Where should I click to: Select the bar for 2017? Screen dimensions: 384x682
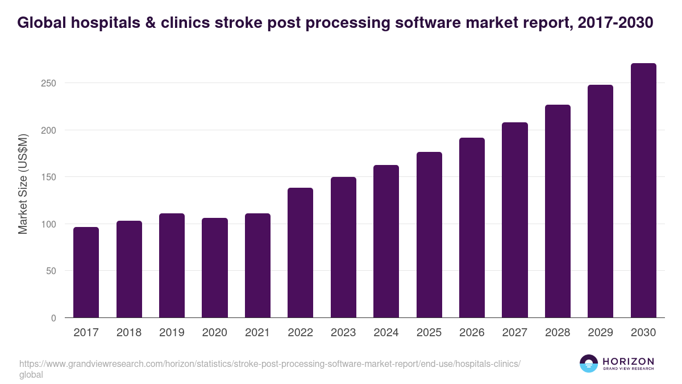tap(86, 272)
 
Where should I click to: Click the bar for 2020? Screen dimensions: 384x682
tap(215, 268)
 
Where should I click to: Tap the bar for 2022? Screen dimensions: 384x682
tap(300, 253)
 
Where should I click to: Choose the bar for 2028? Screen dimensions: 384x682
tap(558, 211)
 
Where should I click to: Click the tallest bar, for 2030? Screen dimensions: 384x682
tap(643, 191)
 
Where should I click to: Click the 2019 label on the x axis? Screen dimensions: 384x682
tap(172, 333)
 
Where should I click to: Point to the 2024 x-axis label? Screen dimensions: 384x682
tap(386, 333)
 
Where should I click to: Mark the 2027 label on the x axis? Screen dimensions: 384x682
tap(515, 333)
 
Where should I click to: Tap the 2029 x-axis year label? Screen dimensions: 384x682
tap(601, 333)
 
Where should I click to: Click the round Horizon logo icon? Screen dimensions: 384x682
tap(589, 364)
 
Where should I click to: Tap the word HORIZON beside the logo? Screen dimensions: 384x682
tap(627, 361)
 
